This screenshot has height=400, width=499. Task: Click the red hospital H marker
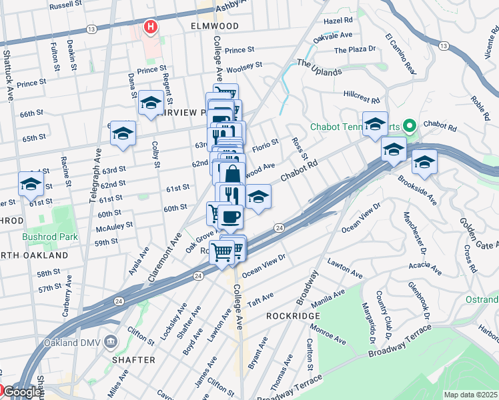point(151,27)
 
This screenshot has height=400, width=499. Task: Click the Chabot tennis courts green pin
point(411,125)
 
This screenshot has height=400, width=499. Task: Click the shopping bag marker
point(231,174)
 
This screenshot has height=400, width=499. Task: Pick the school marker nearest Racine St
point(31,183)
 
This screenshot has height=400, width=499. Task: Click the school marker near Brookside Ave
point(424,162)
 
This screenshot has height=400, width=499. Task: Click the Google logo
point(21,393)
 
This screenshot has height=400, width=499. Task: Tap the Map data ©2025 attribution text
point(470,395)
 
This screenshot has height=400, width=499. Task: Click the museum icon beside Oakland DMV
point(110,341)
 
